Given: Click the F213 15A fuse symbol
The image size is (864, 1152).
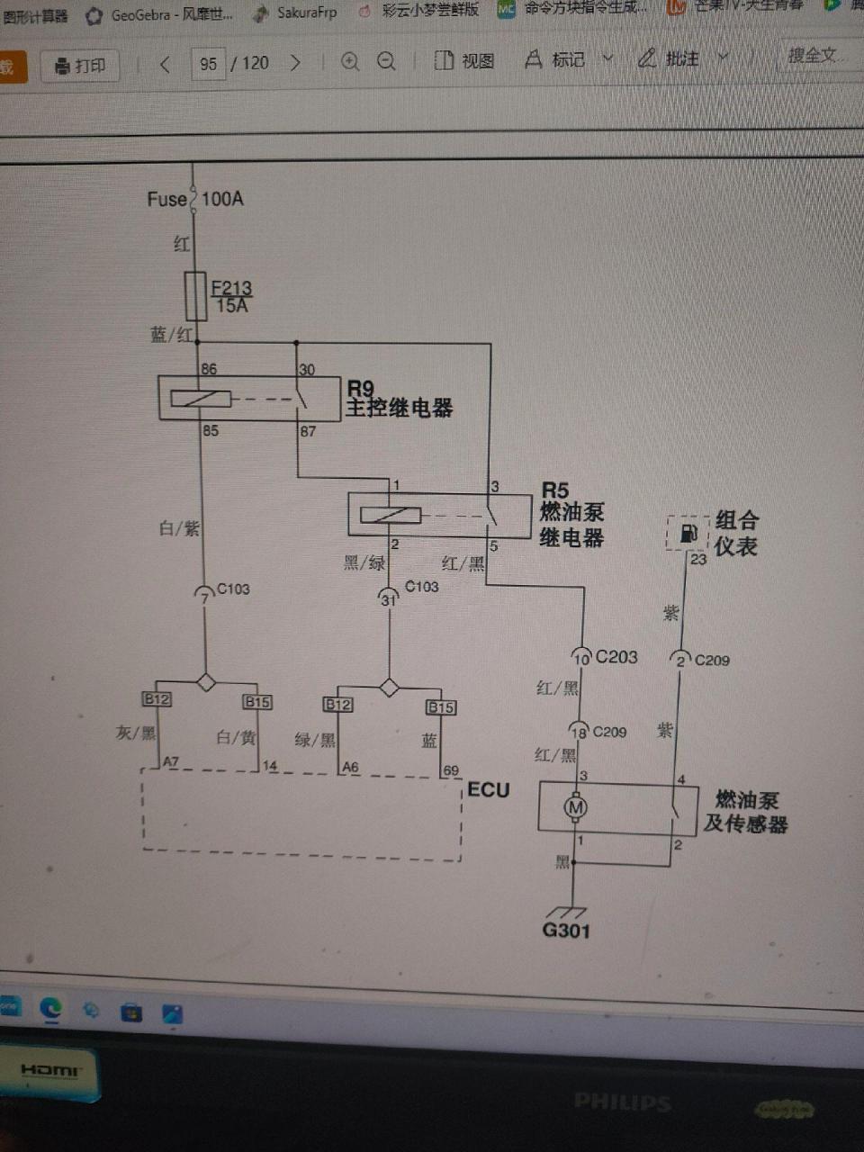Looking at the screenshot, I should [x=195, y=296].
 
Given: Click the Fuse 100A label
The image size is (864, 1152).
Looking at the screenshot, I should [x=195, y=199].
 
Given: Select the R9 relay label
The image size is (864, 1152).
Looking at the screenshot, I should [x=360, y=389].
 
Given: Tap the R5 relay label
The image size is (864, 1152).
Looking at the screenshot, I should [x=555, y=490].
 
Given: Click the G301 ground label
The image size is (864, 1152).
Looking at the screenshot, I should [x=566, y=931].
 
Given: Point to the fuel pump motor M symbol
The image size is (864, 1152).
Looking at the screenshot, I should [x=576, y=807].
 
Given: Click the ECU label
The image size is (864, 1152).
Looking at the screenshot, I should [x=489, y=790].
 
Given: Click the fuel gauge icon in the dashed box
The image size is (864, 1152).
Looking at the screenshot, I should [x=688, y=533].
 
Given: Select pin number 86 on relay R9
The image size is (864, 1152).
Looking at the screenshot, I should [x=209, y=369].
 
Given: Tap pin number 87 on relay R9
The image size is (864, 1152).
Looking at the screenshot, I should [x=308, y=431].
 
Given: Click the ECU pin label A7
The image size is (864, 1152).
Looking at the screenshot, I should [x=171, y=762].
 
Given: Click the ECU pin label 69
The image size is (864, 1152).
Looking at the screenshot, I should [x=451, y=770].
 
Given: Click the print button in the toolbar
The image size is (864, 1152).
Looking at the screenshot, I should [x=80, y=66].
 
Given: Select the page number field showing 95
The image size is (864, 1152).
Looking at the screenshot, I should [x=209, y=63].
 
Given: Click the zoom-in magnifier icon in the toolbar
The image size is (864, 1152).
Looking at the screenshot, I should [x=350, y=61].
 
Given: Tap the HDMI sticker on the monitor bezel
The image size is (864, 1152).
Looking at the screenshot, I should [x=50, y=1071].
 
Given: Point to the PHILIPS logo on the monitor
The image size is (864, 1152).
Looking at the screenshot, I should [x=622, y=1102].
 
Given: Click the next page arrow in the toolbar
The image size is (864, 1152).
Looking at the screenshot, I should [x=295, y=63].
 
